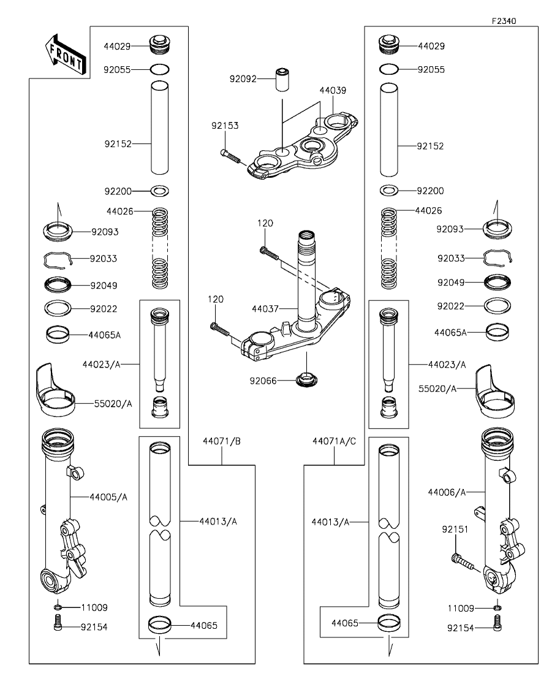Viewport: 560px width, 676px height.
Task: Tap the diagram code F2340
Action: [x=504, y=20]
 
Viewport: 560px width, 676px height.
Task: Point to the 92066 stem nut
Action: [x=305, y=380]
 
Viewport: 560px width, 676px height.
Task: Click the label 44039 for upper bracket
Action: [x=332, y=90]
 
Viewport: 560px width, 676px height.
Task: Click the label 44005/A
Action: [x=108, y=496]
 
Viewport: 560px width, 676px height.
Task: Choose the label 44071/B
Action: [x=221, y=441]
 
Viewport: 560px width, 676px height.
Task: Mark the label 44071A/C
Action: [x=334, y=441]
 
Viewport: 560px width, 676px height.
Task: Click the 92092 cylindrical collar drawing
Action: [x=282, y=80]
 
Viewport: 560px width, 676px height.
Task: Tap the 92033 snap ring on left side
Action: [x=58, y=260]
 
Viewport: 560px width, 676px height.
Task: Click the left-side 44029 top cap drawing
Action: [x=159, y=45]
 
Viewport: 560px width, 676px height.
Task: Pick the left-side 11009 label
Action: [x=94, y=608]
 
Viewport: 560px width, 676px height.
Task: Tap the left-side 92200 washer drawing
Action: [x=159, y=191]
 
